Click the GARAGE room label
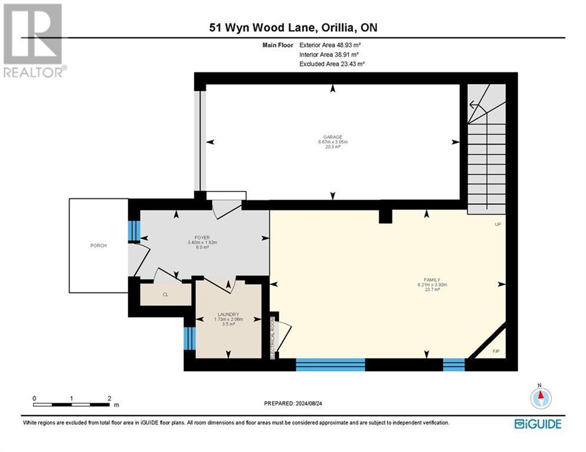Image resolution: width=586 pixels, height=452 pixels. point(333,137)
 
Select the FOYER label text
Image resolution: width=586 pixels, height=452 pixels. point(203,238)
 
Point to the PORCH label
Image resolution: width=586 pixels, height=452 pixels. point(98,245)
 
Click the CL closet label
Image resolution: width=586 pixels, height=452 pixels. point(165,295)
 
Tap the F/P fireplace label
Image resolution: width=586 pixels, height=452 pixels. point(495,351)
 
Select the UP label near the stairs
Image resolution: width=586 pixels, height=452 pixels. point(498,224)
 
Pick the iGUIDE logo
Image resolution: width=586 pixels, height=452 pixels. point(537,424)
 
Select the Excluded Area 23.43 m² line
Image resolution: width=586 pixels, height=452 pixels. point(332,64)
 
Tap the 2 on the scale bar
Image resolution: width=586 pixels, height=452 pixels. point(109,398)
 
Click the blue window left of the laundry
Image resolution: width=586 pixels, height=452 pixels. point(189,338)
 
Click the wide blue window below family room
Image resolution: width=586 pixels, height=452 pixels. point(330,364)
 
